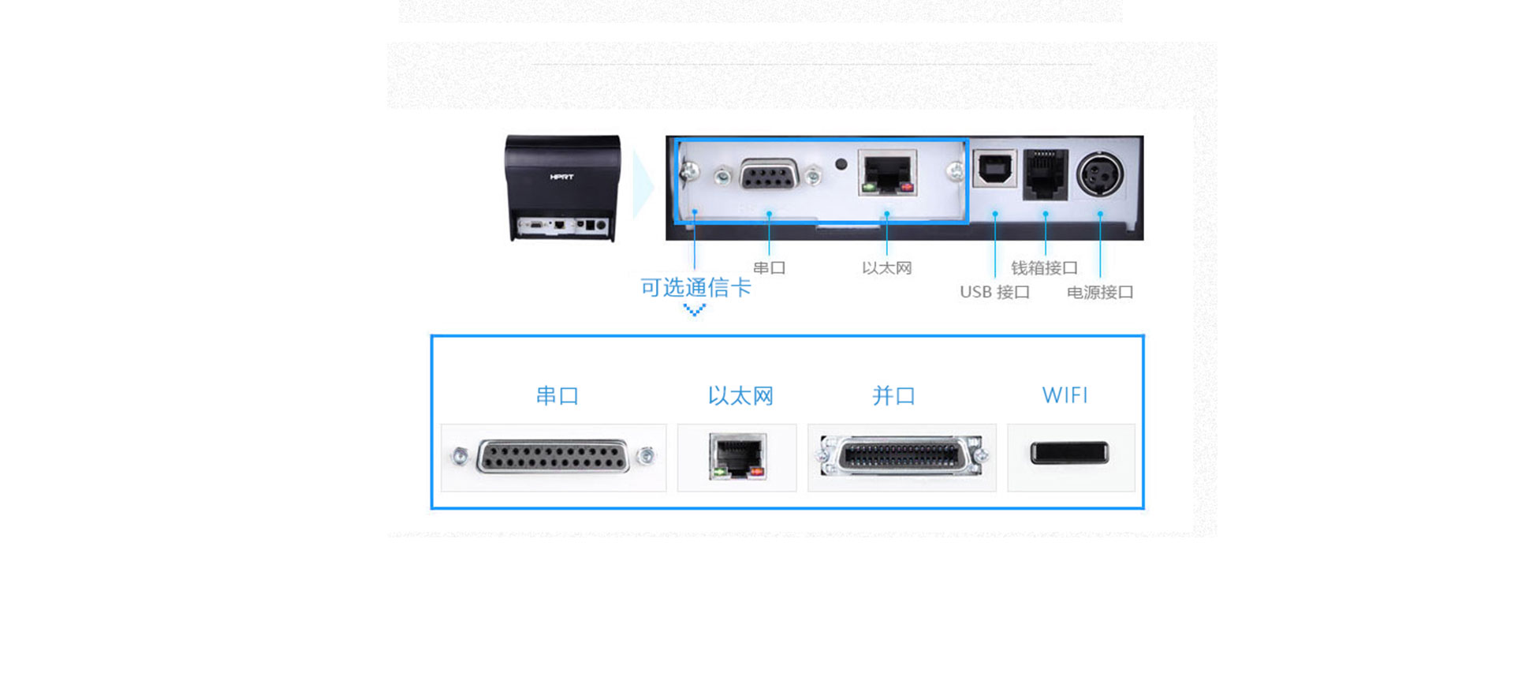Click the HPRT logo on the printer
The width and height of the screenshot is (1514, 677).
pyautogui.click(x=561, y=177)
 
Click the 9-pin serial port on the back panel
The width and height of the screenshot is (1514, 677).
pyautogui.click(x=768, y=175)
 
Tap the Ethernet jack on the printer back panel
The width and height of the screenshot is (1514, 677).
pyautogui.click(x=887, y=173)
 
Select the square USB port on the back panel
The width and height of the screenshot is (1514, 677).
pyautogui.click(x=994, y=169)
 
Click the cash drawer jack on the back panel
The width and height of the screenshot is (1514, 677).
pyautogui.click(x=1045, y=174)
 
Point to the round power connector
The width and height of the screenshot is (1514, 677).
pyautogui.click(x=1100, y=174)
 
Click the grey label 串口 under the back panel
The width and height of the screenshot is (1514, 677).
pyautogui.click(x=769, y=267)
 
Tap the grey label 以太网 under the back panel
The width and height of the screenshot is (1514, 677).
pyautogui.click(x=886, y=267)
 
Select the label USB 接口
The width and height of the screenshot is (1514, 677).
pyautogui.click(x=994, y=292)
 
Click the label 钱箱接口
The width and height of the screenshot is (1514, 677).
pyautogui.click(x=1044, y=267)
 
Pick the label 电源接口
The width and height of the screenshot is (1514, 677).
pyautogui.click(x=1100, y=292)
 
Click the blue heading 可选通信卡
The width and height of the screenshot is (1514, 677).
pyautogui.click(x=695, y=287)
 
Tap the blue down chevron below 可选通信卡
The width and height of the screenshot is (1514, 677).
pyautogui.click(x=694, y=310)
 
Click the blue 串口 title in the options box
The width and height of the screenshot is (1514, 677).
pyautogui.click(x=557, y=395)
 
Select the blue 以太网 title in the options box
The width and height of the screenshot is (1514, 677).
pyautogui.click(x=740, y=395)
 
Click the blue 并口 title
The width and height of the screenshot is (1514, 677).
pyautogui.click(x=893, y=395)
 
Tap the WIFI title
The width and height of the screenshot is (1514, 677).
pyautogui.click(x=1065, y=395)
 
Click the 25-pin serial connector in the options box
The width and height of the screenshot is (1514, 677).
pyautogui.click(x=553, y=457)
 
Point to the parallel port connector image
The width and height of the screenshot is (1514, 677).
pyautogui.click(x=901, y=457)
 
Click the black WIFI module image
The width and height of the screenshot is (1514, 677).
pyautogui.click(x=1069, y=453)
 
